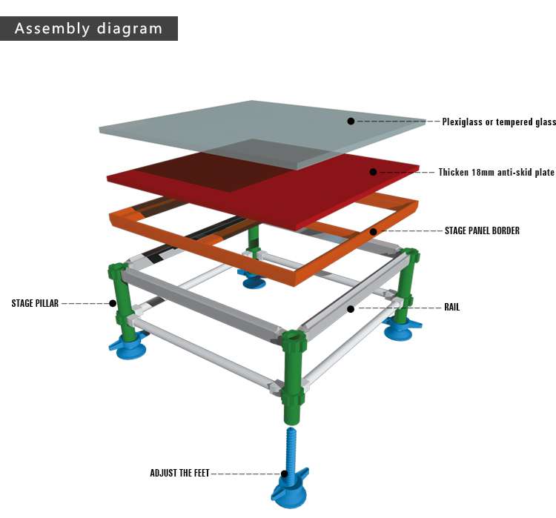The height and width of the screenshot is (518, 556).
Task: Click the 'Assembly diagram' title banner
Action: point(88,29)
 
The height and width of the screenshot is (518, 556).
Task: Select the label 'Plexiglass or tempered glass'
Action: point(498,122)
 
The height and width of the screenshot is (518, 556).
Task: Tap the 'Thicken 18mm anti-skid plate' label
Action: point(506,173)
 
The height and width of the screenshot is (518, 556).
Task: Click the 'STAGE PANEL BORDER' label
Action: point(482,230)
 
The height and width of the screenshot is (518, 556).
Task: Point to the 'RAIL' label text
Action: point(451,307)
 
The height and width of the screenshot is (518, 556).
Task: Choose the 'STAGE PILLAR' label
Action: point(35,303)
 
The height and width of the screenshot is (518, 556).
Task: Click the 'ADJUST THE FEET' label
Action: point(180,473)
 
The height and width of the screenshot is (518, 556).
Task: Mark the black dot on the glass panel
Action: point(351,121)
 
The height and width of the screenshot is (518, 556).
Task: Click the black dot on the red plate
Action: point(394,172)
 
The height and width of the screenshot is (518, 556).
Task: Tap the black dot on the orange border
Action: point(374,231)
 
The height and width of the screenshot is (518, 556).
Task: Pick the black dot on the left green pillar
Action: point(113,303)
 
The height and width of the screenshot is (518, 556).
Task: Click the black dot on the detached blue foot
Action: point(284,474)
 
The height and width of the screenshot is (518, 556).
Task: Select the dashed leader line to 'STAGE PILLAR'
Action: point(85,303)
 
